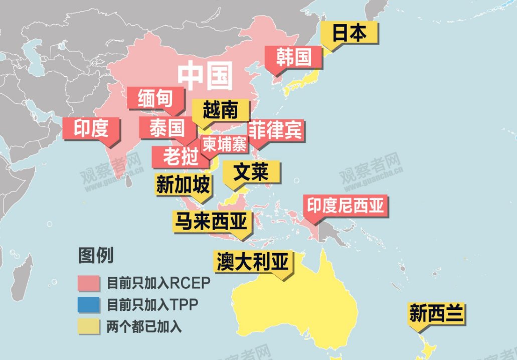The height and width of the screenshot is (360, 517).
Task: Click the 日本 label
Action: pyautogui.click(x=349, y=33)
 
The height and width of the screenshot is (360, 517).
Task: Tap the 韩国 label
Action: pyautogui.click(x=293, y=57)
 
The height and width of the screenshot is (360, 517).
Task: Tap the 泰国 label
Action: pyautogui.click(x=167, y=128)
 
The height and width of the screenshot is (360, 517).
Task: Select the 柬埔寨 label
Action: pyautogui.click(x=225, y=145)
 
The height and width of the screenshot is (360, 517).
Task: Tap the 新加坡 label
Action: pyautogui.click(x=183, y=185)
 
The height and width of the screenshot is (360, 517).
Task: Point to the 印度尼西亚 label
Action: pyautogui.click(x=348, y=205)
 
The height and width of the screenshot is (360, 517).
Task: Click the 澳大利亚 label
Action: pyautogui.click(x=253, y=261)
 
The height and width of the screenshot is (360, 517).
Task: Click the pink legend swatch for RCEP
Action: pyautogui.click(x=90, y=283)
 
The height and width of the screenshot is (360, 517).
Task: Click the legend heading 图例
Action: pyautogui.click(x=96, y=256)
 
